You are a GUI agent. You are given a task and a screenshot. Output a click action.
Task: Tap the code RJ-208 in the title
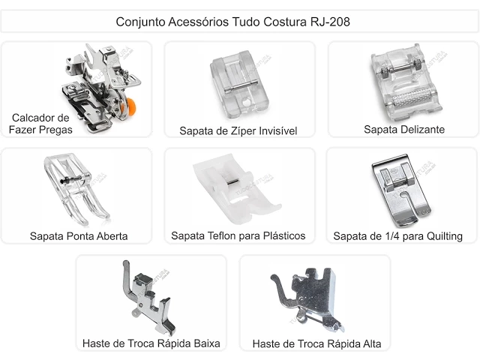tap(330, 22)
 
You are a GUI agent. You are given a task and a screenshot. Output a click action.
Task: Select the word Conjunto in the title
tap(140, 22)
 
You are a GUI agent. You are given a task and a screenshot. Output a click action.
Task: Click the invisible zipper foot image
tap(239, 85)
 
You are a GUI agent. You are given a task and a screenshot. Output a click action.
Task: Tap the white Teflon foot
tap(236, 189)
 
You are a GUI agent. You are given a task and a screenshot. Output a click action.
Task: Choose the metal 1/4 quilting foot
tap(401, 190)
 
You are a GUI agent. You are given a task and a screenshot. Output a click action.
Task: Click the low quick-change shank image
tap(149, 298)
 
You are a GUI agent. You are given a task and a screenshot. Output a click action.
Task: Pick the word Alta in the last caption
tap(372, 343)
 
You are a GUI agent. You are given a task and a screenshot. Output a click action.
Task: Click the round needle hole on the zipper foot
tap(247, 103)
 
